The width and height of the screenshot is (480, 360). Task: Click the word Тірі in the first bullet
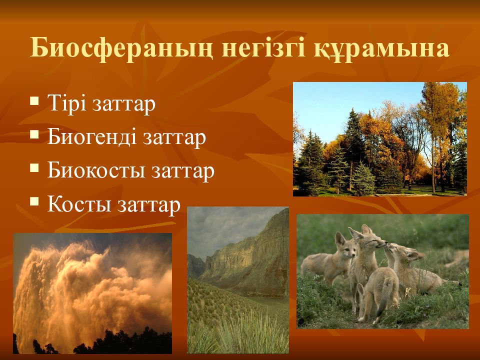[x=67, y=103]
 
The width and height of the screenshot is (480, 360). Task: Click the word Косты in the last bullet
[x=79, y=204]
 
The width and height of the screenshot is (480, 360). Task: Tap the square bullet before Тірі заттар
[x=34, y=101]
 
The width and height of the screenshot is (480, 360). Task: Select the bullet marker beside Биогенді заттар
[x=34, y=134]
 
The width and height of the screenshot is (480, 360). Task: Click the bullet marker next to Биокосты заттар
[x=34, y=168]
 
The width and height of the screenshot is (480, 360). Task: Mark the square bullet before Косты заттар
[x=34, y=201]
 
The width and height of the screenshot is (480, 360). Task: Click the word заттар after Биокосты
[x=183, y=172]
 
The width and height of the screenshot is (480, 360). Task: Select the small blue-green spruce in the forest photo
[x=363, y=179]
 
